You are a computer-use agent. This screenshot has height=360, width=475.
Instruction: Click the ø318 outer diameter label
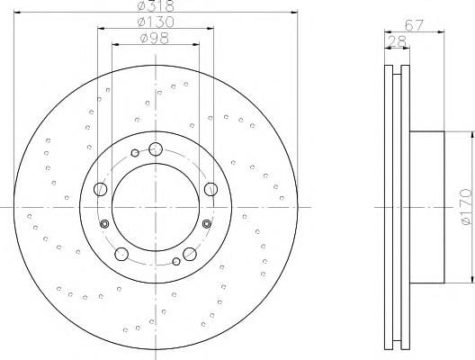(156, 5)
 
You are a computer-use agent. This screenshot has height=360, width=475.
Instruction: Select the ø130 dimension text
(156, 22)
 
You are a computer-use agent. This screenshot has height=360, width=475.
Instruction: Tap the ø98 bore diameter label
(155, 38)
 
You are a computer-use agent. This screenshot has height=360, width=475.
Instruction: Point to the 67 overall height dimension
(414, 25)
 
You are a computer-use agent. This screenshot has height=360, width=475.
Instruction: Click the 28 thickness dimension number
(397, 41)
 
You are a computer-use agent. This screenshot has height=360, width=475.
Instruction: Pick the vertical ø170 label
(467, 207)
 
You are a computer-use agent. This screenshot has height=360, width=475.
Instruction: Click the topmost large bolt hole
(156, 149)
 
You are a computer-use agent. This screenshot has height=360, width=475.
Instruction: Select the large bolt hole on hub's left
(101, 189)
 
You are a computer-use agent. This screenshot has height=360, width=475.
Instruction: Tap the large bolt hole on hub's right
(211, 189)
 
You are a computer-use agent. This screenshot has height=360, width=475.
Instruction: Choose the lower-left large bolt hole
(121, 254)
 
